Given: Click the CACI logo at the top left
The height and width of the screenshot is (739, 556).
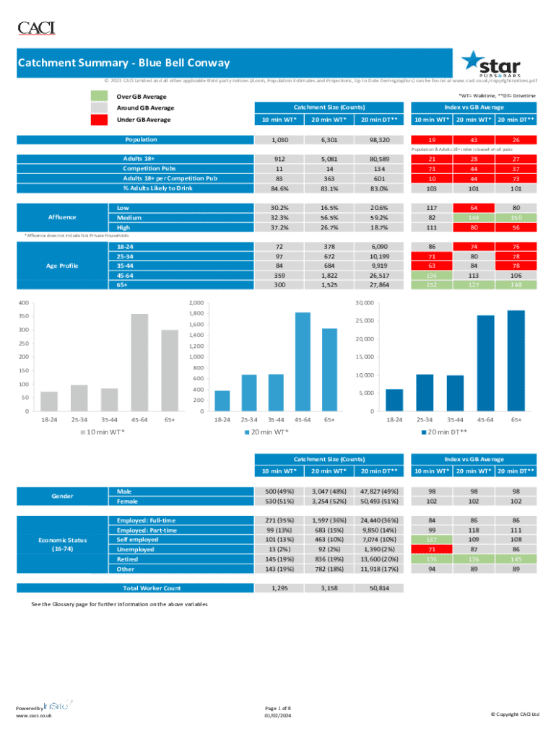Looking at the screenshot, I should (36, 28).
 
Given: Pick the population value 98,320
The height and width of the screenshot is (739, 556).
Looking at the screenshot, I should (378, 140).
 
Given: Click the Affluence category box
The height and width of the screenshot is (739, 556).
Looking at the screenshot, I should (62, 217).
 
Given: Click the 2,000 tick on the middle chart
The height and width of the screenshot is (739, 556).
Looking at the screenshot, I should (196, 303).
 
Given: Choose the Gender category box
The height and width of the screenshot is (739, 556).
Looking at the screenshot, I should (62, 496).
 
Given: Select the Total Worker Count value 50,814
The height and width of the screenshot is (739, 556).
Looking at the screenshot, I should (378, 588).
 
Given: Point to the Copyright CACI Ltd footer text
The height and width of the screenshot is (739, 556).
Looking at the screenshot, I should (514, 714).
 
